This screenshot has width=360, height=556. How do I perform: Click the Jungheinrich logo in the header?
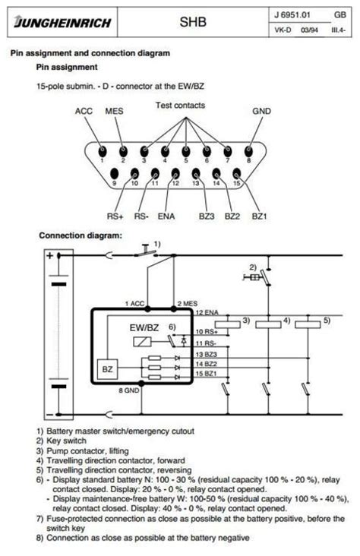62,24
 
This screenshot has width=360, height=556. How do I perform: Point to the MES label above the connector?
115,112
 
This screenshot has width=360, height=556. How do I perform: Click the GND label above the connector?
261,112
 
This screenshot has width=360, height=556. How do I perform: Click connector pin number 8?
248,150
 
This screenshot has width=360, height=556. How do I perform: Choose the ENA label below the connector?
167,216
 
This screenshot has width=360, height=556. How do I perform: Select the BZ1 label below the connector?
260,216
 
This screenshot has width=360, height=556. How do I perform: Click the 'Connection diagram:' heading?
81,235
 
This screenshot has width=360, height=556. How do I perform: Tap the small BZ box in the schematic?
106,370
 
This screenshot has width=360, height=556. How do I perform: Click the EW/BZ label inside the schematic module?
144,327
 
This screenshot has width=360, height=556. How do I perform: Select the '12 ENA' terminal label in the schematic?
207,313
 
